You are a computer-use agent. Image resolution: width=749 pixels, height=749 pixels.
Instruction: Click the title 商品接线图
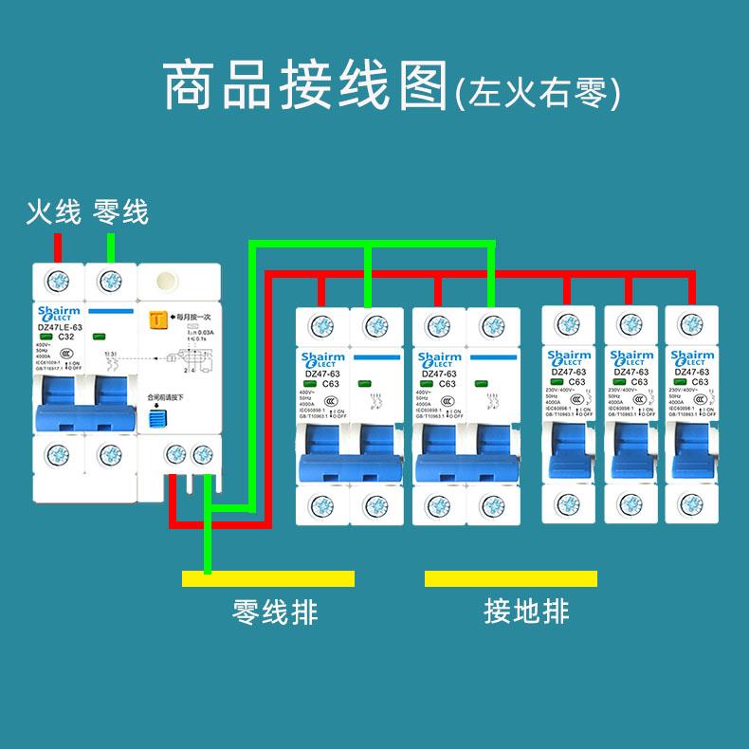pos(304,87)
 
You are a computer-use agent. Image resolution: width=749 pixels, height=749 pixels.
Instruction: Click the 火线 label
pos(53,211)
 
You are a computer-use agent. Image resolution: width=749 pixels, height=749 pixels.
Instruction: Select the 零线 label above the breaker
pos(120,211)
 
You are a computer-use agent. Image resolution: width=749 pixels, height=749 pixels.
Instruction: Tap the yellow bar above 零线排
pos(267,578)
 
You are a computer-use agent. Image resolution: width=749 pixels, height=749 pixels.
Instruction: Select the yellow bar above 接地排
pos(511,578)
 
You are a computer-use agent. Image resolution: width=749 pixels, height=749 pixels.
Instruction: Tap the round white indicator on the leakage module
pos(168,282)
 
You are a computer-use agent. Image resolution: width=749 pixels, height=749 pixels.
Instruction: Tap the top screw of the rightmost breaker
pos(689,324)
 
